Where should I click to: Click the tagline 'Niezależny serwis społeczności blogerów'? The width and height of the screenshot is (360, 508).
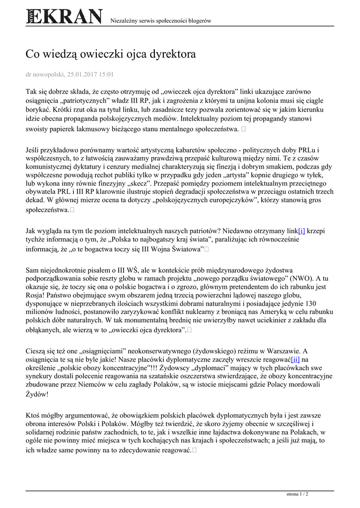coord(160,21)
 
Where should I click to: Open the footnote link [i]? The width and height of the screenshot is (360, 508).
coord(301,231)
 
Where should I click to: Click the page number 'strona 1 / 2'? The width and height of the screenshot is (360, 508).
coord(297,494)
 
